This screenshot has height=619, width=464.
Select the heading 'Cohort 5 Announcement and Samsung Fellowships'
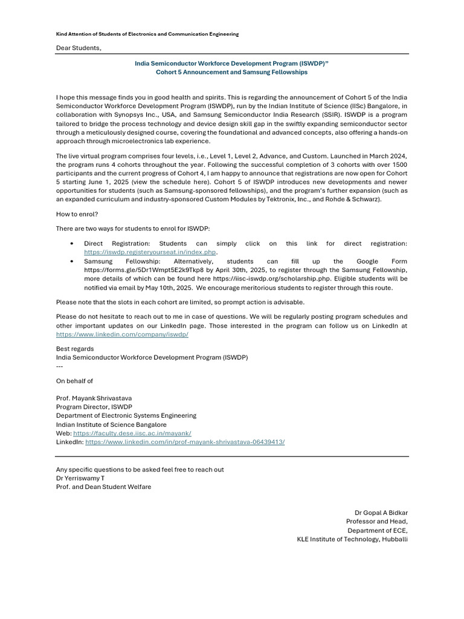232,72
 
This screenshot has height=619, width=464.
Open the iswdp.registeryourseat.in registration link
150,252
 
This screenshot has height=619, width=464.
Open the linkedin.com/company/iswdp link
122,334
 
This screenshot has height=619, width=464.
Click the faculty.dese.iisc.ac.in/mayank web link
132,433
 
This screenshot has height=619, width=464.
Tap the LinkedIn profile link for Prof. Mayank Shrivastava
185,442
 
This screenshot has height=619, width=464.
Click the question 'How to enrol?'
77,213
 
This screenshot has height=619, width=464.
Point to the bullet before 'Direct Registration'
72,244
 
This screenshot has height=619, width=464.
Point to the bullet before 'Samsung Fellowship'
72,261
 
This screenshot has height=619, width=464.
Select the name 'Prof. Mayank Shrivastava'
94,398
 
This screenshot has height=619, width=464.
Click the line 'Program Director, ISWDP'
94,407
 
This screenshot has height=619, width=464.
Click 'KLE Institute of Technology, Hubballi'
352,539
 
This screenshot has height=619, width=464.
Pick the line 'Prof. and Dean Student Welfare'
103,487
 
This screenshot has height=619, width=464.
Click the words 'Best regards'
75,349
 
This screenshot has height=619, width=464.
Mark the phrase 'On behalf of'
75,381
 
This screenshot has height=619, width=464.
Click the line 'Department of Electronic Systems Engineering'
126,416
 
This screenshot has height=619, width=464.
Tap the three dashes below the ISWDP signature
59,366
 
